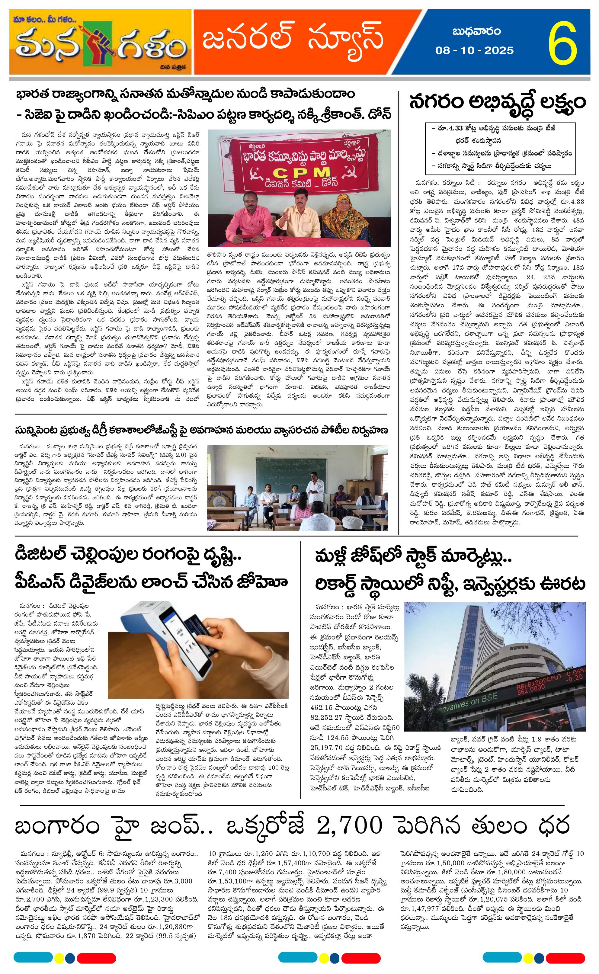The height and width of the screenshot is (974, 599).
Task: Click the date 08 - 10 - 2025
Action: (475, 50)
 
